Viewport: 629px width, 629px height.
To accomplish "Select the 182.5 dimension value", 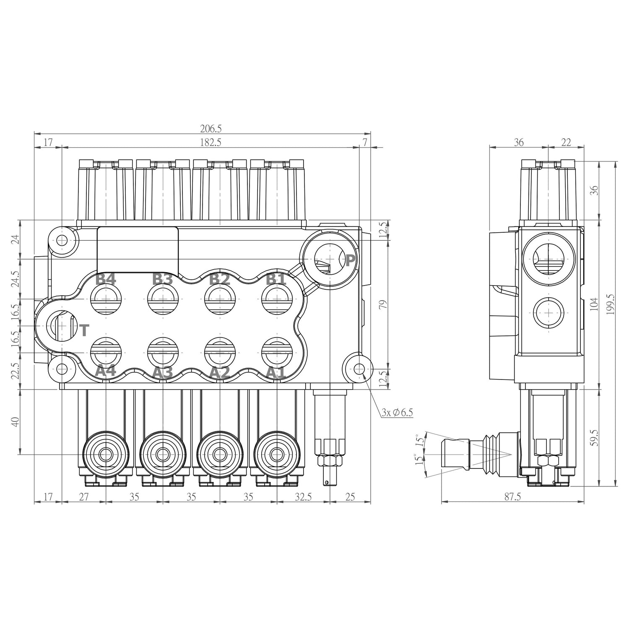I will tap(211, 142).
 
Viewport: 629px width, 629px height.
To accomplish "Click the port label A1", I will tap(276, 372).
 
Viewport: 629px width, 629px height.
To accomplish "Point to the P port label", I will tap(350, 260).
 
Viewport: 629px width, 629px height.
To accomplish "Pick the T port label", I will tap(84, 330).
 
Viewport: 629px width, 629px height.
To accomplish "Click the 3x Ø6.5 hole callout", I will tap(397, 412).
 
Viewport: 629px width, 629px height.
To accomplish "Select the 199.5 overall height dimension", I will tap(610, 304).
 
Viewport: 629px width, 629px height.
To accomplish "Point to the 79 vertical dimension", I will tap(383, 304).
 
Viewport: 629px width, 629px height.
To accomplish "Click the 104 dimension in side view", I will tap(594, 304).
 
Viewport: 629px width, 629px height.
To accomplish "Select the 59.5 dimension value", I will tap(594, 437).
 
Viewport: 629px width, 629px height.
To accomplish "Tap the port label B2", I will tap(220, 279).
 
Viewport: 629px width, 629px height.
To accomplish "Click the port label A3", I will tap(162, 372).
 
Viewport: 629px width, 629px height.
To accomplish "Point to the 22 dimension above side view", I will tap(566, 142).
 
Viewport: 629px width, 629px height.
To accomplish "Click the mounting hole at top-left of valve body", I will tap(62, 240).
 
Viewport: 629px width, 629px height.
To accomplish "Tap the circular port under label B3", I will tap(163, 299).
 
